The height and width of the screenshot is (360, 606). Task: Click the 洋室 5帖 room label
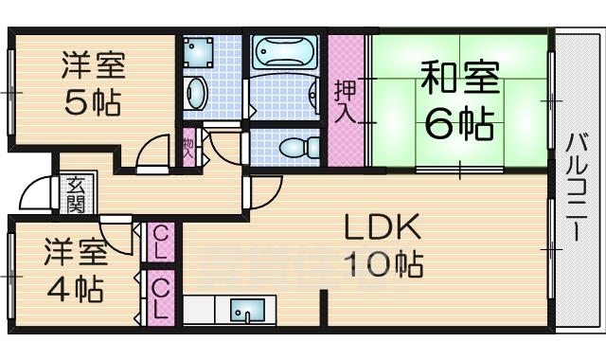tap(92, 83)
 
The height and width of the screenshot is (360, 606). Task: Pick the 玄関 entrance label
tap(75, 194)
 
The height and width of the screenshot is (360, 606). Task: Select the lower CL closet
tap(161, 297)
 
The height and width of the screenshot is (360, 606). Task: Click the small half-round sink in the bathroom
tap(315, 95)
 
